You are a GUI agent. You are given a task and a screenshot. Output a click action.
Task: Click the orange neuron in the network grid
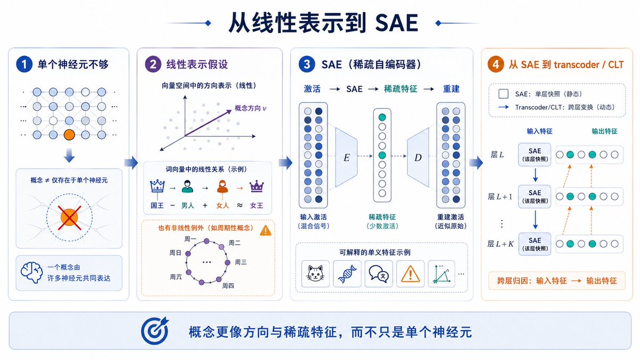[x=69, y=134]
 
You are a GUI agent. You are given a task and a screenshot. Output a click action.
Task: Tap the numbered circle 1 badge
[x=24, y=65]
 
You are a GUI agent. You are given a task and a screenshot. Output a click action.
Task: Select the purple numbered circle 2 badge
[x=153, y=65]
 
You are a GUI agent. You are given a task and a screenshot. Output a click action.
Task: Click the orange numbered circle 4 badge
[x=495, y=65]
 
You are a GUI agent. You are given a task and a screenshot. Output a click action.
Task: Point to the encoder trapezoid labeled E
[x=346, y=157]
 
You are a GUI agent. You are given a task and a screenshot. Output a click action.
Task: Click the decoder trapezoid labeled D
[x=418, y=157]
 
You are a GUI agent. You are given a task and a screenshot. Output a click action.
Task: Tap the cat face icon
[x=315, y=274]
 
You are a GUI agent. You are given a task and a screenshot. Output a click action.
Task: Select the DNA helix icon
[x=347, y=274]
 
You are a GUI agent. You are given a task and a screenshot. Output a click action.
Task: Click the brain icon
[x=31, y=273]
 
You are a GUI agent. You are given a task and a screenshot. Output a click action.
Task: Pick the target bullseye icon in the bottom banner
[x=155, y=331]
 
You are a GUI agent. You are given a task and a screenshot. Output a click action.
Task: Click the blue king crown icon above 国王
[x=157, y=186]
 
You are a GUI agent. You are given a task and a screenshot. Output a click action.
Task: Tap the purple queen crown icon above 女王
[x=257, y=186]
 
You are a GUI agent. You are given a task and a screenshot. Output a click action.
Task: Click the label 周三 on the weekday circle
[x=241, y=262]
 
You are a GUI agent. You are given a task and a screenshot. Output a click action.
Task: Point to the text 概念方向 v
[x=251, y=108]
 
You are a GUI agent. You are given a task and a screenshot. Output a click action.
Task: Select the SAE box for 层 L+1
[x=534, y=197]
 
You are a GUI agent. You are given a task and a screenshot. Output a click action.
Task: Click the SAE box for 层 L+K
[x=534, y=244]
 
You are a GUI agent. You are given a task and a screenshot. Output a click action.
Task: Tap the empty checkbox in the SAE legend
[x=503, y=94]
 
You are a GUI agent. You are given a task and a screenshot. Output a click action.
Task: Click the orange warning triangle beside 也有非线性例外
[x=266, y=230]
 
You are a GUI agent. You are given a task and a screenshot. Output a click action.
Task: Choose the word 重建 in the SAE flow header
[x=451, y=89]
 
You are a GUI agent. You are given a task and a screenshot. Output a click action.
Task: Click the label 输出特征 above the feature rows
[x=604, y=131]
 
